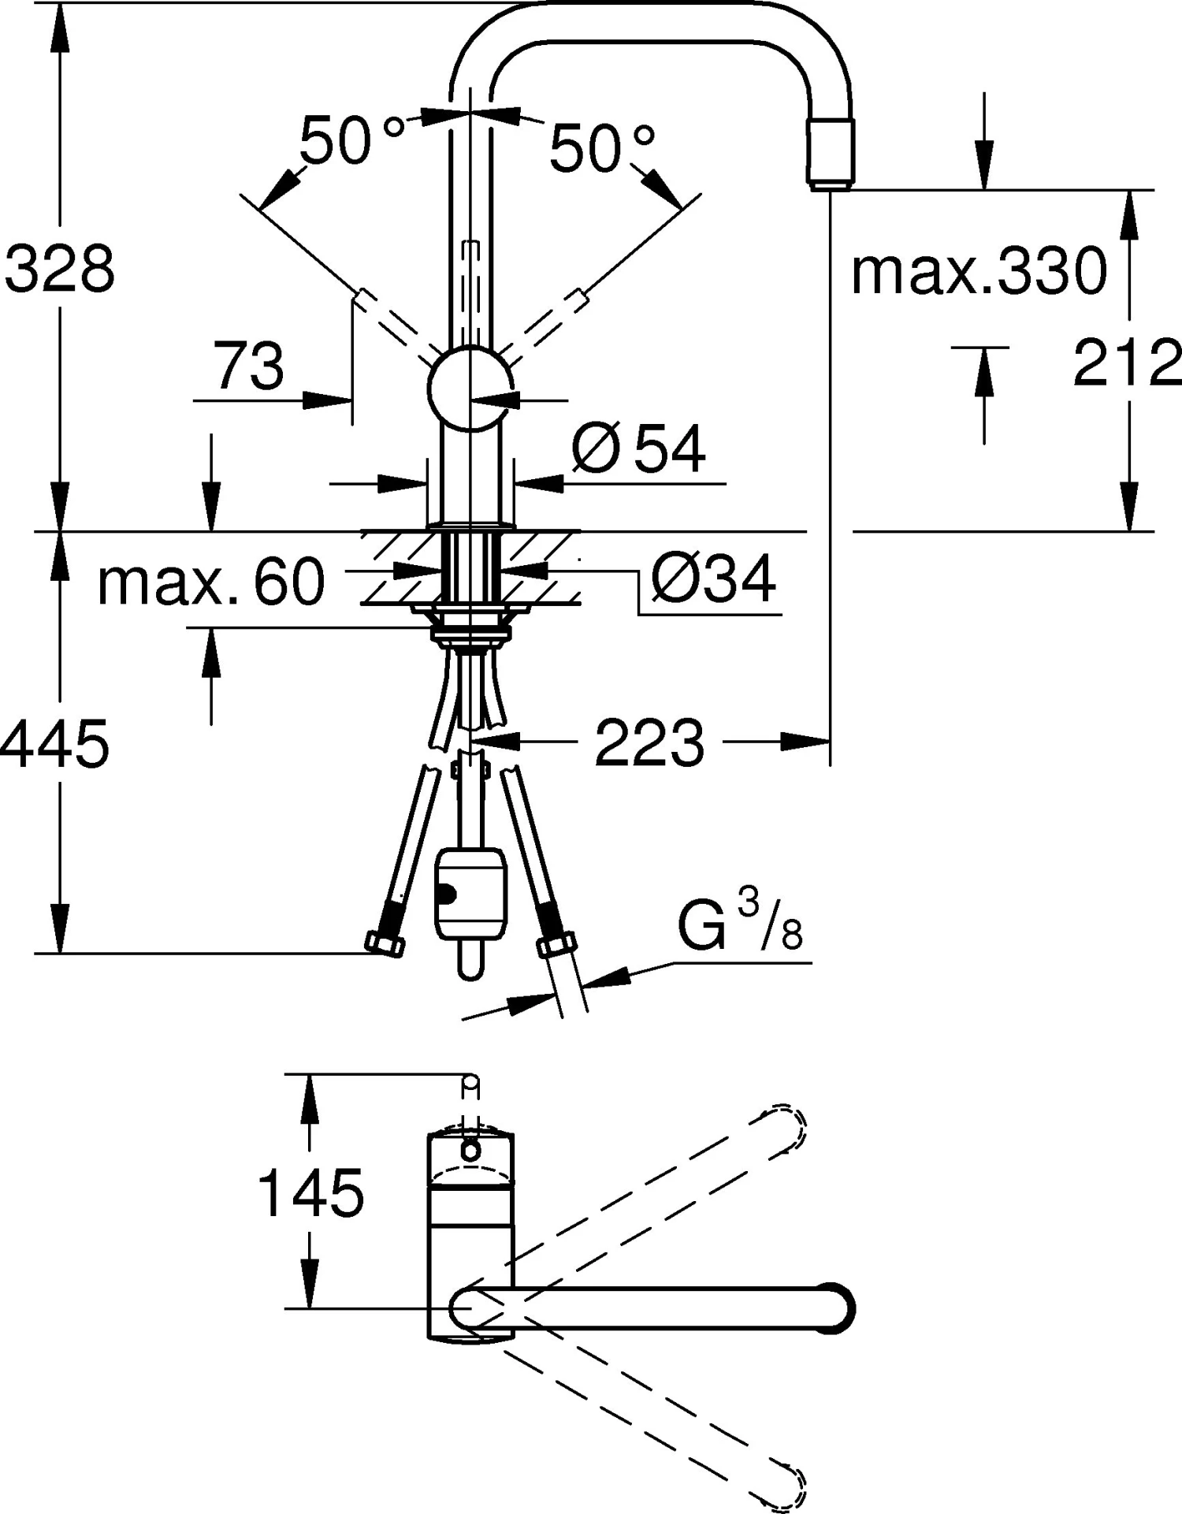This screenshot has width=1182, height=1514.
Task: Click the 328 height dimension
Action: (x=59, y=269)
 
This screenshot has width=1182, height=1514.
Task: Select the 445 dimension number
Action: (x=54, y=743)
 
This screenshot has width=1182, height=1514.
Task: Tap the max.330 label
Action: (x=979, y=271)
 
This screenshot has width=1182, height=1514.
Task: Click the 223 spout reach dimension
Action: (x=649, y=742)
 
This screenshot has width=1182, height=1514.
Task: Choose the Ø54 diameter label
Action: (x=638, y=448)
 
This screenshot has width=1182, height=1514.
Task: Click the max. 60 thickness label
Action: (x=210, y=582)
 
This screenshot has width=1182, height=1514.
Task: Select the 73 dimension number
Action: (x=249, y=366)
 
